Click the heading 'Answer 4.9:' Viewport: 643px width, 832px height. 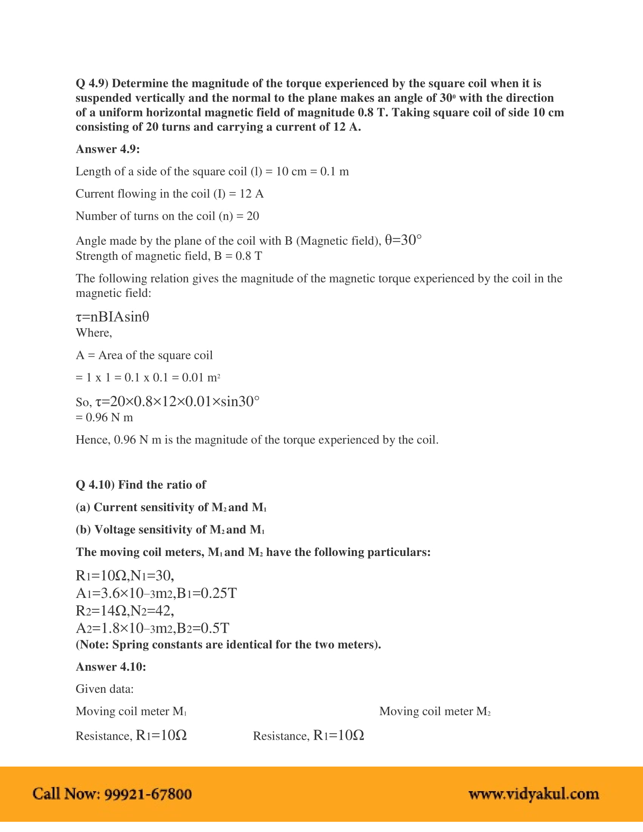(x=108, y=149)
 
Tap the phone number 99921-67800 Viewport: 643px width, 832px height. (x=148, y=794)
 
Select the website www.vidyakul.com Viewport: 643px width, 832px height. (x=534, y=794)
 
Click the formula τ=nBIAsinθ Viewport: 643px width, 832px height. (x=112, y=317)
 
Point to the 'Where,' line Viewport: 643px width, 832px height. (x=94, y=333)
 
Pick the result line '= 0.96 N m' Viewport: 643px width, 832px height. (x=104, y=418)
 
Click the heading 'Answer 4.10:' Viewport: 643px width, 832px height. (x=111, y=667)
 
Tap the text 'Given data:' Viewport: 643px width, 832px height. (x=104, y=689)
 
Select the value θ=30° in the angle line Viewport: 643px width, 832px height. (x=403, y=240)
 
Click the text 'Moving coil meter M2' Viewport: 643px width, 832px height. (x=435, y=711)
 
